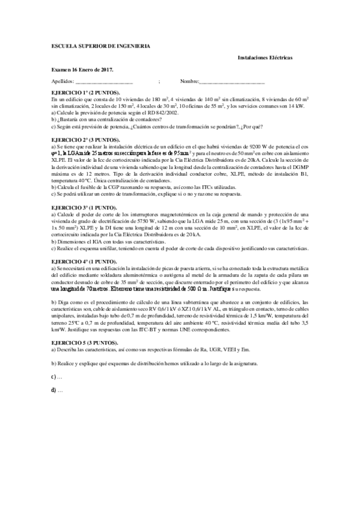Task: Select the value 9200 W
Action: (x=260, y=146)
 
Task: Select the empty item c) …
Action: (x=57, y=377)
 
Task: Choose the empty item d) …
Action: (x=57, y=390)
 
